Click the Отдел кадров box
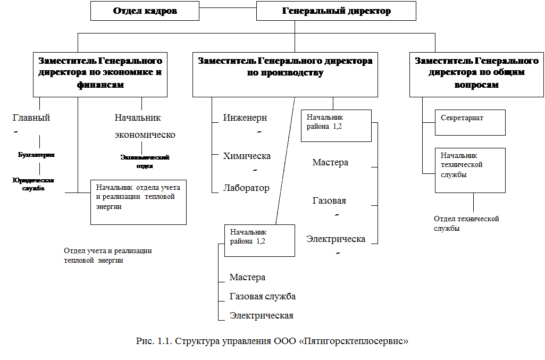(x=145, y=11)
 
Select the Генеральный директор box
(x=336, y=11)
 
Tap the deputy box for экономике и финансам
(x=100, y=74)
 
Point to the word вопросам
(x=476, y=85)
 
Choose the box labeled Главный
(x=36, y=122)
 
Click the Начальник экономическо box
(x=145, y=126)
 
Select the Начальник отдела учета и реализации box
(x=138, y=202)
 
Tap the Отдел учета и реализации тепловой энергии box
(x=110, y=262)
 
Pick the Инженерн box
(x=247, y=122)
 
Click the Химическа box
(x=247, y=161)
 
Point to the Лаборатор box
(x=247, y=189)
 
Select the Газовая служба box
(x=263, y=297)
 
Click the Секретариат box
(x=470, y=122)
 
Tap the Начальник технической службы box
(x=470, y=170)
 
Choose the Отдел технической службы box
(x=473, y=231)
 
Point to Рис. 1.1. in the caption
(x=154, y=340)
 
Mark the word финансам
(x=100, y=85)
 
